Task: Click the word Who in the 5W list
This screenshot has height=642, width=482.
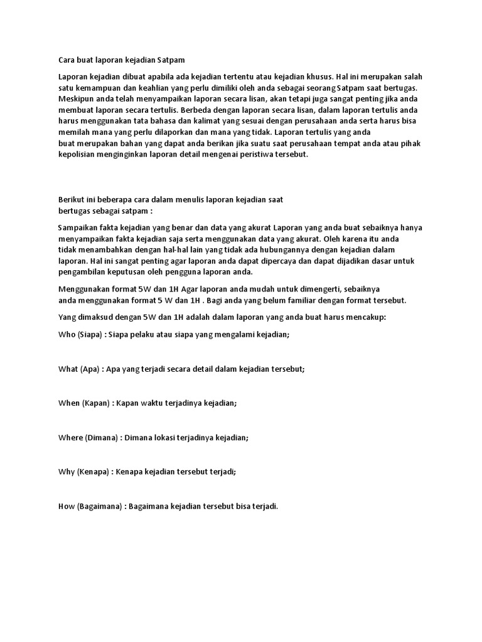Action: click(x=67, y=334)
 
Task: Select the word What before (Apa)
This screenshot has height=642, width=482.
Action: click(x=68, y=369)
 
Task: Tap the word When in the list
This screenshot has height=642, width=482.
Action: click(x=68, y=403)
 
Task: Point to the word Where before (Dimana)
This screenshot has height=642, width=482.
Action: click(x=70, y=438)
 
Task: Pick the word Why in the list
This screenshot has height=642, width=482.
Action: click(x=66, y=471)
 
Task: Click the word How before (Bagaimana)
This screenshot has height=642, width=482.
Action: click(x=66, y=506)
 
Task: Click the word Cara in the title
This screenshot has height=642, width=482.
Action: click(x=67, y=60)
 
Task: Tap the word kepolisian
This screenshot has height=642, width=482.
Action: click(x=78, y=155)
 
